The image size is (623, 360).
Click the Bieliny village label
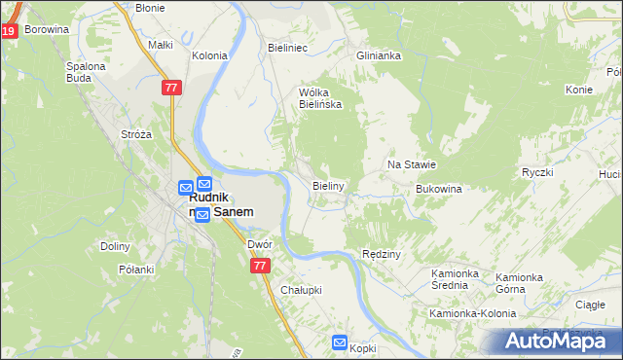[328, 185]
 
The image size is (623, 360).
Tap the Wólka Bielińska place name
[319, 98]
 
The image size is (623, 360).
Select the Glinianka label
[379, 56]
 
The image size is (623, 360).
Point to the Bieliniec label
[287, 47]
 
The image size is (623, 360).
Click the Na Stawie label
[411, 165]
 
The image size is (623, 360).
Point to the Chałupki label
[301, 290]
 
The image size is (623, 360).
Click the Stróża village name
[135, 134]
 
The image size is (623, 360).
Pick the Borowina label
[47, 30]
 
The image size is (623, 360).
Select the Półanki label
[137, 270]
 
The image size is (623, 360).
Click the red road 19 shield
[9, 31]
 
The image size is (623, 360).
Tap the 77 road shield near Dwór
[259, 265]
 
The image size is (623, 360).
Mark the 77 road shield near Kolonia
[171, 88]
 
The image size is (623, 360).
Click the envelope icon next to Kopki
[339, 342]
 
